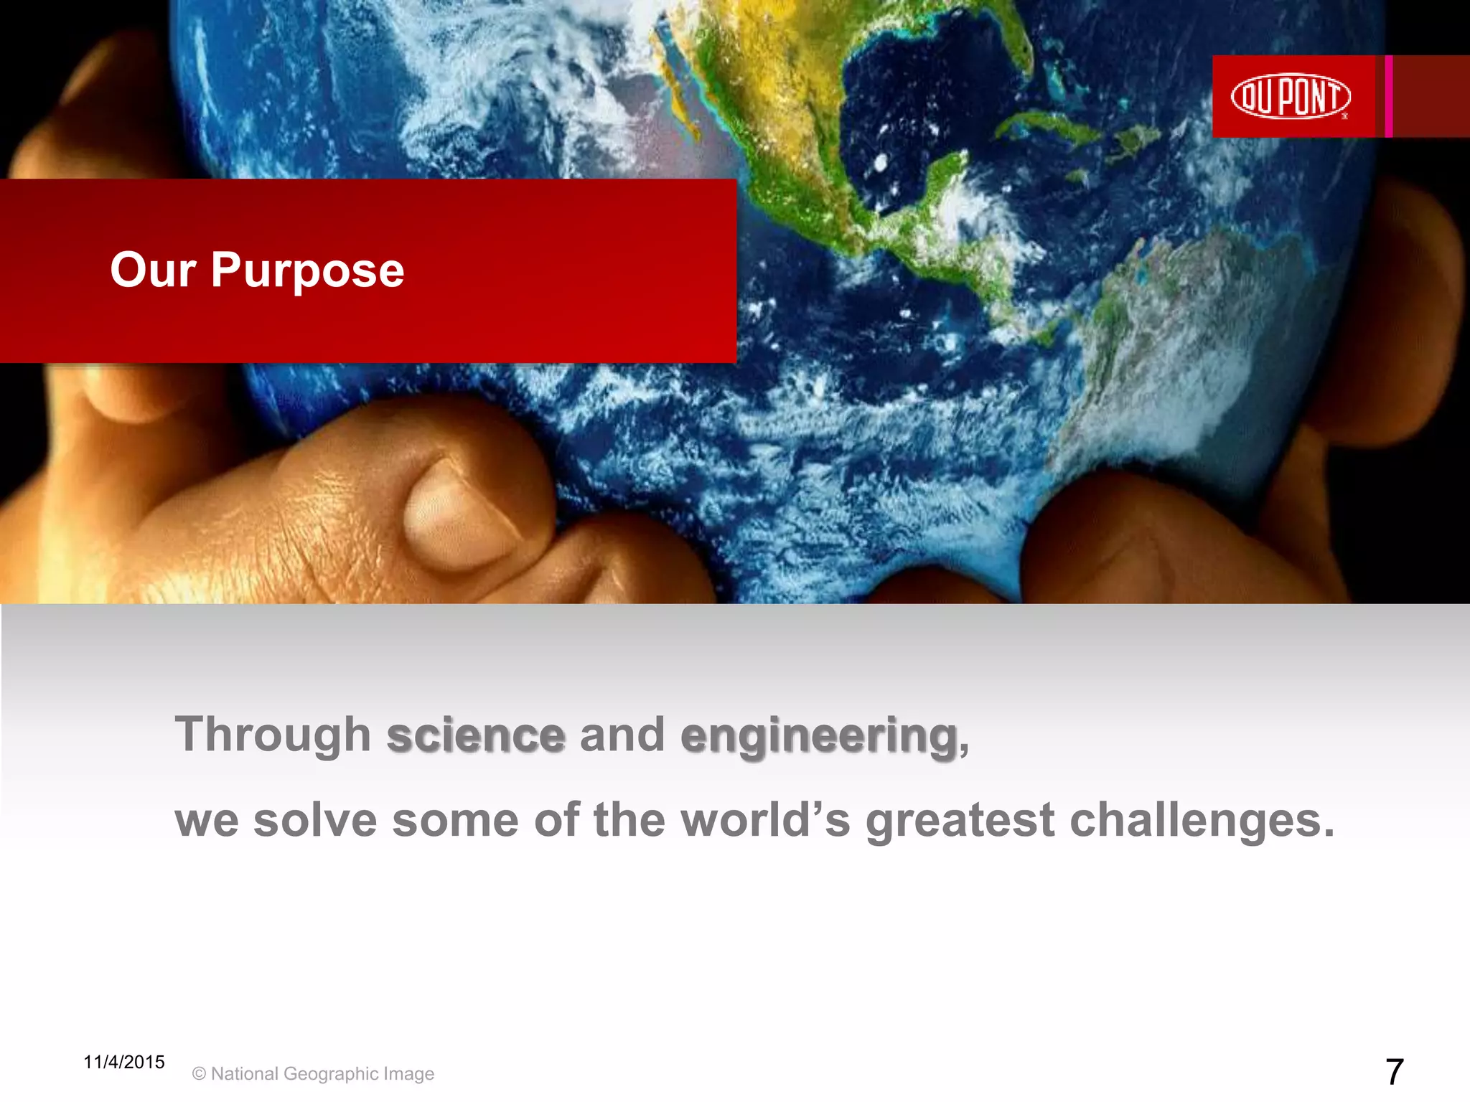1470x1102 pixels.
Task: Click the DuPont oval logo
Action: [1291, 96]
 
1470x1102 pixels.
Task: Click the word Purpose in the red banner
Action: [307, 270]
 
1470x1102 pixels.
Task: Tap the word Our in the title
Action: [153, 270]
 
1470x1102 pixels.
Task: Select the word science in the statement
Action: [476, 735]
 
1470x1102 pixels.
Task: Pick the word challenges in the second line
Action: [1202, 821]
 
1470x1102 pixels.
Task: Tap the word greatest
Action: [960, 822]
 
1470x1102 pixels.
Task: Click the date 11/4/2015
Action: [123, 1062]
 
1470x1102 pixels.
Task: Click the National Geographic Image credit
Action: [314, 1074]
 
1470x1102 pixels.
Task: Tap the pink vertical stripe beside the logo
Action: [1389, 96]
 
